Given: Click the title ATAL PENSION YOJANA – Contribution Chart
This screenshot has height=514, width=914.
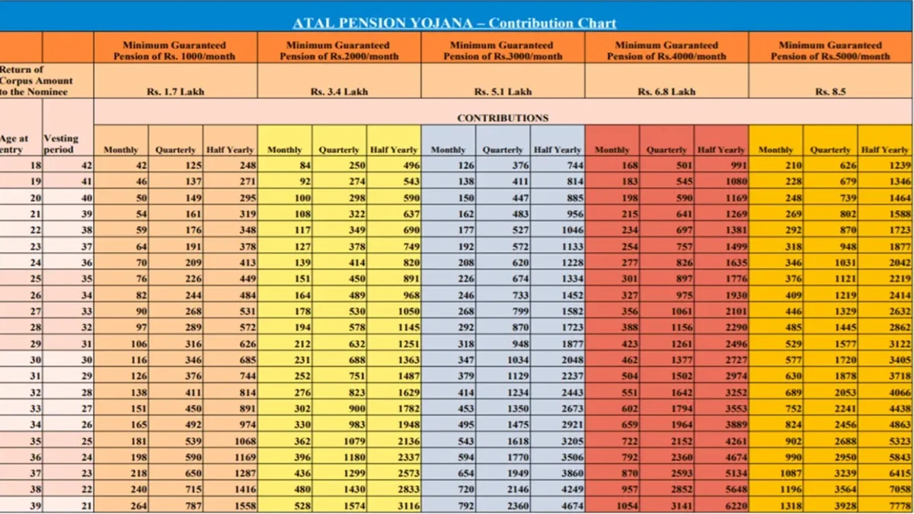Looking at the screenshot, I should [454, 23].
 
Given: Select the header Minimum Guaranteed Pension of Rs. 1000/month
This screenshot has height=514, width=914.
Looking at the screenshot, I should [174, 50].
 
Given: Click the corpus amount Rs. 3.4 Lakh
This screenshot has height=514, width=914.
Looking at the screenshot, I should [339, 92].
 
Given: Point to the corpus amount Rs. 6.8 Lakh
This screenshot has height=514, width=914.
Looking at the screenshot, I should [666, 92].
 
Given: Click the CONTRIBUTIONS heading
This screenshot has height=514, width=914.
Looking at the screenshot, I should [502, 118].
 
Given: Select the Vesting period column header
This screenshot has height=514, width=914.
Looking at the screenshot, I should [61, 144].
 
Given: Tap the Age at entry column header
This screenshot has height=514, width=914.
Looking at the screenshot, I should [14, 144].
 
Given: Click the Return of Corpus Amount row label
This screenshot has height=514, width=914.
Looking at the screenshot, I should [37, 81].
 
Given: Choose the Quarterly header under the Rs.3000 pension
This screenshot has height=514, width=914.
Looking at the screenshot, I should [503, 150].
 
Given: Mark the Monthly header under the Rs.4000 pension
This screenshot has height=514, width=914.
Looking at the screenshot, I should [612, 150].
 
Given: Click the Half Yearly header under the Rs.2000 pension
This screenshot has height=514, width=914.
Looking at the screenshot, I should [394, 150].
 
